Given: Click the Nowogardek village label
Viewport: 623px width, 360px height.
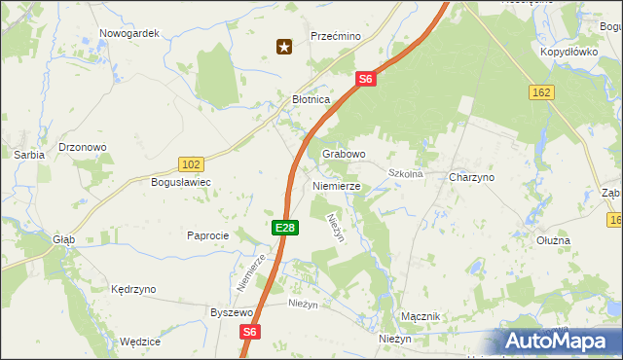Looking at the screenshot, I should pyautogui.click(x=129, y=33).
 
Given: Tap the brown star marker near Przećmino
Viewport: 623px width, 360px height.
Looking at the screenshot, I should pyautogui.click(x=284, y=46).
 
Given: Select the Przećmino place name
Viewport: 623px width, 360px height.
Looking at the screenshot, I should pyautogui.click(x=336, y=36).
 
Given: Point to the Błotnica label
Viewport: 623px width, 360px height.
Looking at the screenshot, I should pyautogui.click(x=312, y=100).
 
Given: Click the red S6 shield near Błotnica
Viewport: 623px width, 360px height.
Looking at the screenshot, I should pyautogui.click(x=365, y=80).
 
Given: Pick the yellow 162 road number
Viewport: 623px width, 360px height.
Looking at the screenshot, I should pyautogui.click(x=542, y=91).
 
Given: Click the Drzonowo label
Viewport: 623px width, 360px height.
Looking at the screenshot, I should pyautogui.click(x=83, y=148).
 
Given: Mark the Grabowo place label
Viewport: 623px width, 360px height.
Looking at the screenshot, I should pyautogui.click(x=344, y=154).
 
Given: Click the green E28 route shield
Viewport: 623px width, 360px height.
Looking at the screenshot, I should pyautogui.click(x=283, y=228).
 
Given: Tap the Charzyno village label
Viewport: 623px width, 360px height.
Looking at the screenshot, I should pyautogui.click(x=472, y=178).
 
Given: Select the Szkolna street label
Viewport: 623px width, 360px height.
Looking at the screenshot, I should pyautogui.click(x=405, y=174).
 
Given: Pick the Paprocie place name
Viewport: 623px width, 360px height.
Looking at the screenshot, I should pyautogui.click(x=207, y=236).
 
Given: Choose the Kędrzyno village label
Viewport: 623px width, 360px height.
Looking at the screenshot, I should pyautogui.click(x=133, y=290).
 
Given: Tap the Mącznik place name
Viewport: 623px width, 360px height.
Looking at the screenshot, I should pyautogui.click(x=421, y=317).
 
